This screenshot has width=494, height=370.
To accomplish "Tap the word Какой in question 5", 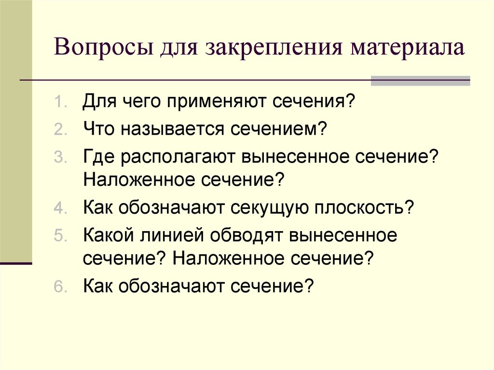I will [109, 236].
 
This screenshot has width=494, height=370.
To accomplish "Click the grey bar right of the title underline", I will [420, 81].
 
